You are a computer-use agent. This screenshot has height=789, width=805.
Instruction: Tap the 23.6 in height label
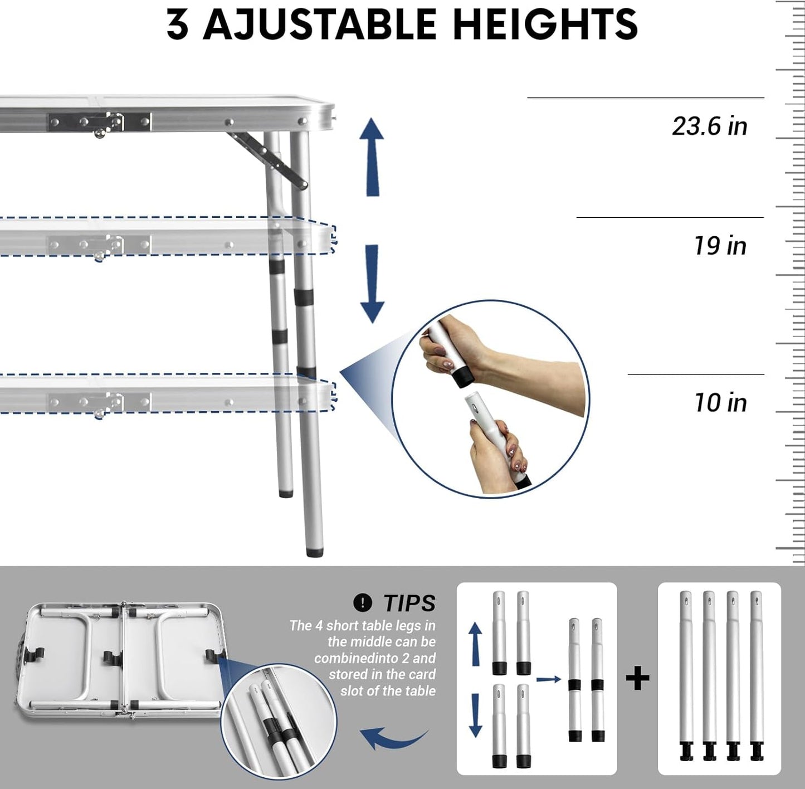tap(709, 126)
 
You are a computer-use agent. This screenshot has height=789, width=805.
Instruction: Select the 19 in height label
tap(720, 246)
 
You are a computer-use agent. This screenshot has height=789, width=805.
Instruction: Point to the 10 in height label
tap(720, 403)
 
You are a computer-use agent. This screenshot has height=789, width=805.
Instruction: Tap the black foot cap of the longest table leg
tap(315, 552)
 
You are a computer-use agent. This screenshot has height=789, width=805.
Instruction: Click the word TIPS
tap(409, 603)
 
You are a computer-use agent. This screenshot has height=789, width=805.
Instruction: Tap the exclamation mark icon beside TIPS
tap(363, 602)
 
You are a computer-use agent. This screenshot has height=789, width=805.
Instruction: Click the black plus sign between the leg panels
tap(637, 679)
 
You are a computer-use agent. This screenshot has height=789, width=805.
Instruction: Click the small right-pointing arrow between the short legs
tap(549, 679)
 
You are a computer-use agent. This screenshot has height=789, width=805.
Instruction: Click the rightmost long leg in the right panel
tap(756, 674)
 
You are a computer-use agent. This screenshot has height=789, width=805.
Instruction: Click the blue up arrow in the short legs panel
tap(475, 644)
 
